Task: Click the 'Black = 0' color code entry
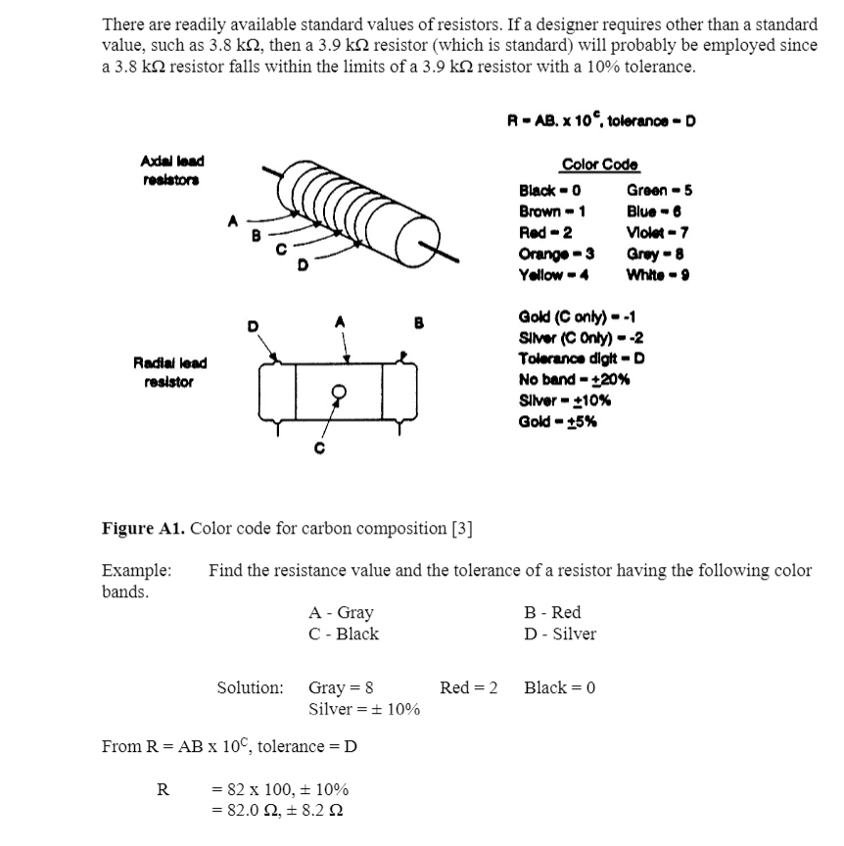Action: click(x=550, y=190)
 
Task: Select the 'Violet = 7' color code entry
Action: click(x=652, y=232)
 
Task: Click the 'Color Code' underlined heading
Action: click(x=600, y=165)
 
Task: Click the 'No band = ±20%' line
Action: click(x=574, y=379)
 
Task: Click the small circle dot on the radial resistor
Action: click(x=339, y=390)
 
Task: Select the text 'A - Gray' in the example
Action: click(x=341, y=613)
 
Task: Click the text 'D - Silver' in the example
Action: click(x=560, y=634)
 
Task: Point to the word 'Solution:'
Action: click(x=250, y=687)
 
